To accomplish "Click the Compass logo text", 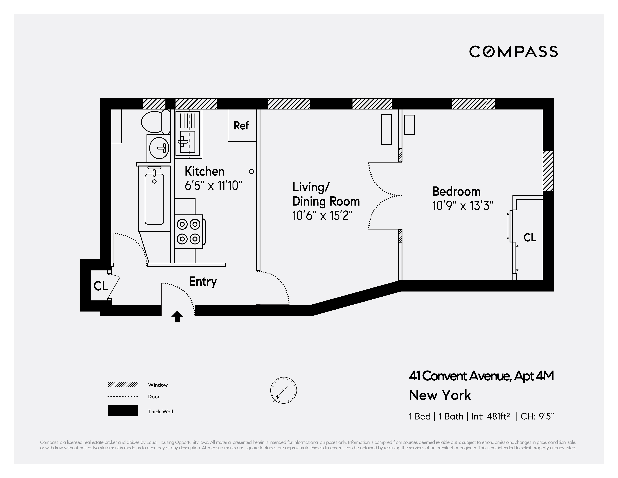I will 513,52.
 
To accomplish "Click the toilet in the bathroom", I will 155,122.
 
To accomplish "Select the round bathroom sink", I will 159,148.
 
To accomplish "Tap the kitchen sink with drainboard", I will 188,134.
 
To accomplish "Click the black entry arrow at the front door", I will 177,317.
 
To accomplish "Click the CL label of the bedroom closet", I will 530,238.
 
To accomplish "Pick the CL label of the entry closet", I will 101,286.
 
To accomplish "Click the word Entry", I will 203,281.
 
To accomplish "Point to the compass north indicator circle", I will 284,390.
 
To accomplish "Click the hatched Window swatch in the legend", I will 123,385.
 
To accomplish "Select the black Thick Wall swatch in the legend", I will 123,411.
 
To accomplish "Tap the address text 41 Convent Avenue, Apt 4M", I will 481,376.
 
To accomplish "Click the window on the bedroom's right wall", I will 548,171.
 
